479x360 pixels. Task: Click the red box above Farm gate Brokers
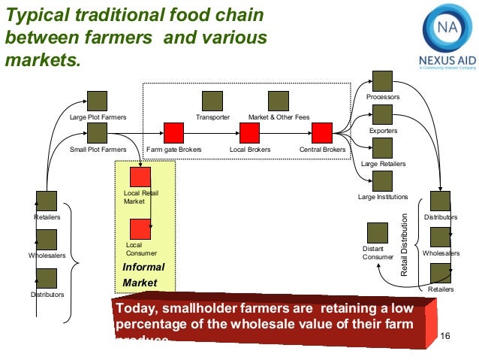(174, 133)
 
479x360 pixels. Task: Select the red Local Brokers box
(249, 133)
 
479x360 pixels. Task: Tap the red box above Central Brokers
(322, 133)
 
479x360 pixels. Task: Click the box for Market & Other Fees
(279, 101)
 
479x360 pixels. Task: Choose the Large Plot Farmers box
(98, 101)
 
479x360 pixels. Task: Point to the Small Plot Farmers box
(98, 134)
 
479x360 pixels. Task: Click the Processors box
(383, 81)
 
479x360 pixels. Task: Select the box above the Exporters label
(383, 114)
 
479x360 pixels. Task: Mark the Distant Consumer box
(377, 233)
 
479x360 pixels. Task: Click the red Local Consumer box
(140, 228)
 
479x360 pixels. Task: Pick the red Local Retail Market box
(140, 177)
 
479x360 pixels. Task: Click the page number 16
(442, 334)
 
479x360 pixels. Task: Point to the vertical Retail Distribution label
(405, 244)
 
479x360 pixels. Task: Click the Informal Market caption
(143, 275)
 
